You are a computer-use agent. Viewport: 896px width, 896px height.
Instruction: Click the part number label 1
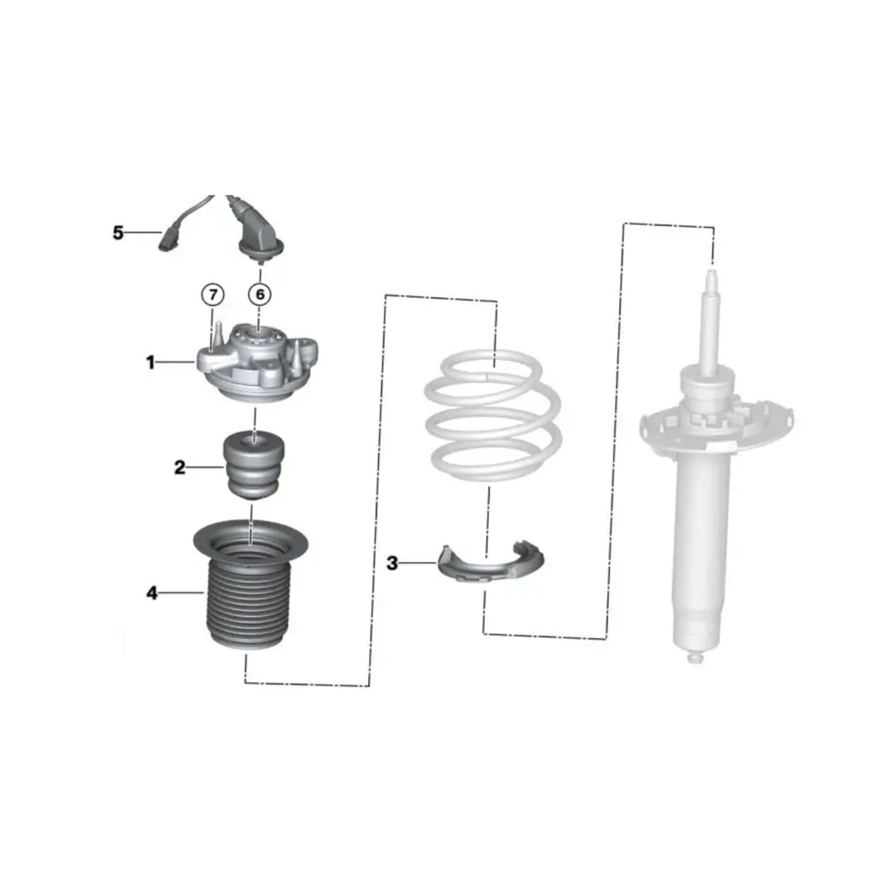(150, 363)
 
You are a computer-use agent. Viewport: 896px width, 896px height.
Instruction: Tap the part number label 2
(180, 467)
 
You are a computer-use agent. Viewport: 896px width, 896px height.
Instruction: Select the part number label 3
(392, 564)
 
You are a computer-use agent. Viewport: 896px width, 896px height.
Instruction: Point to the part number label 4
(152, 593)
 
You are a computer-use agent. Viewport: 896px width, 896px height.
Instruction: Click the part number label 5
(118, 233)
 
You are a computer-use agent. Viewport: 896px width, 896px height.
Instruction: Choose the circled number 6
(260, 294)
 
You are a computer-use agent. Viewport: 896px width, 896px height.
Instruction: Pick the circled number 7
(212, 294)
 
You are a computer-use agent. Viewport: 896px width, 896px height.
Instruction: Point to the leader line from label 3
(418, 563)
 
